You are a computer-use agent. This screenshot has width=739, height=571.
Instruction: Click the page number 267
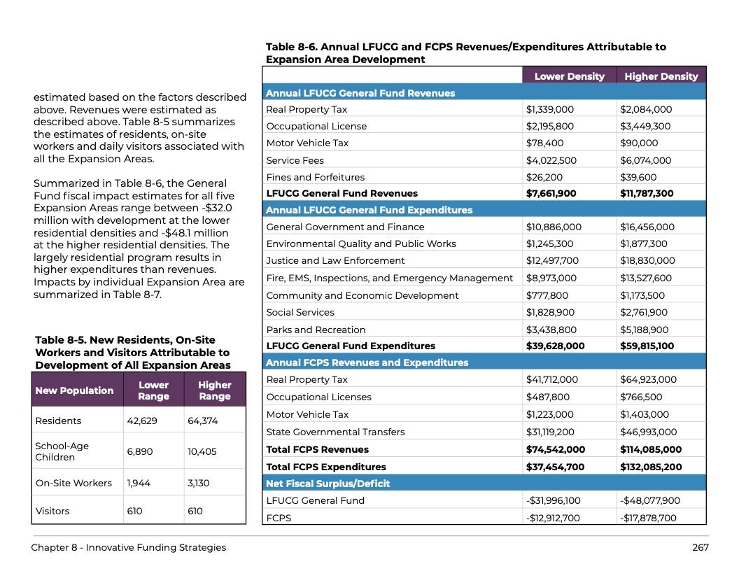point(700,547)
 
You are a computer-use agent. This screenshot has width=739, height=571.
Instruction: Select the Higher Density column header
point(661,76)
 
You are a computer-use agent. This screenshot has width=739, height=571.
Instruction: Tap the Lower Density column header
point(569,76)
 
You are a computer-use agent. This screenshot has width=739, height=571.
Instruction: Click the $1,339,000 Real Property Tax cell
point(550,109)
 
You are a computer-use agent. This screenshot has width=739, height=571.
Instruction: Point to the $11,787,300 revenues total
point(647,193)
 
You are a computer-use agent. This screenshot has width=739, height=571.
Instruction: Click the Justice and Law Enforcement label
point(335,260)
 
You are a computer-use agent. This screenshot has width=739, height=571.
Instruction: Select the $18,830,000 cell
point(647,260)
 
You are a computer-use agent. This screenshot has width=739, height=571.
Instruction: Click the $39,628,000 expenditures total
point(555,346)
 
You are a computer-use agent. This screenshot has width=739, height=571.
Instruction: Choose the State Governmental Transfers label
point(335,432)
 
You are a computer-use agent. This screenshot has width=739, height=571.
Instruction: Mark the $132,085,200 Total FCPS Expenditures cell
point(651,467)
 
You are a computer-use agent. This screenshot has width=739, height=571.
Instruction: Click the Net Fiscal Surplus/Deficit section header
point(328,484)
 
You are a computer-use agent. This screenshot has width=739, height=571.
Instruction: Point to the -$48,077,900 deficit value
point(649,500)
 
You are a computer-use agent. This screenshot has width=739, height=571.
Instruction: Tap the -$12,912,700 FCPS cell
point(553,518)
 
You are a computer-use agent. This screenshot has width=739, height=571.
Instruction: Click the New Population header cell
point(74,390)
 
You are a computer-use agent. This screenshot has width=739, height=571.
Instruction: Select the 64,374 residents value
point(203,421)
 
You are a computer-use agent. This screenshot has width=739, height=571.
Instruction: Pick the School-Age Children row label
point(62,451)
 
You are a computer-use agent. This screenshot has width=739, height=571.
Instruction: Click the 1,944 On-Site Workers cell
point(139,483)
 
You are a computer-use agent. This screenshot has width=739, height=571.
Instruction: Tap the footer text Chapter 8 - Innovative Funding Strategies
point(129,547)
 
